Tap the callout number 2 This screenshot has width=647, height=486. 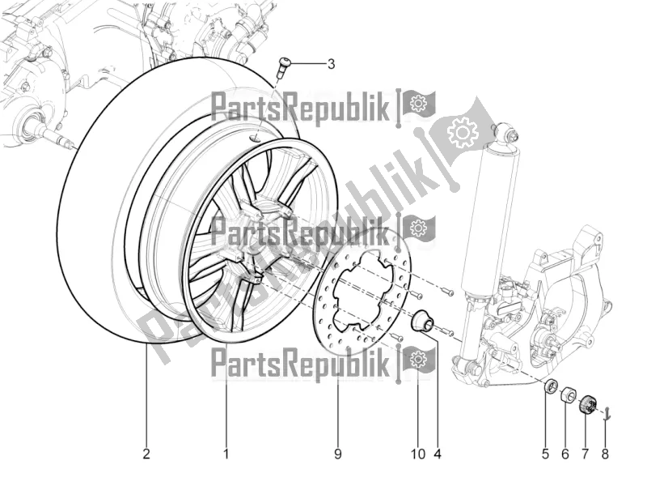click(146, 454)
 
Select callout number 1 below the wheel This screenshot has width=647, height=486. click(226, 454)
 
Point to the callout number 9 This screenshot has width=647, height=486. click(338, 454)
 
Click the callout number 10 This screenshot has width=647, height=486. click(417, 454)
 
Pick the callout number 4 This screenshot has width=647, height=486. click(437, 454)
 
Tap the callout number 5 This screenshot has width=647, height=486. click(545, 454)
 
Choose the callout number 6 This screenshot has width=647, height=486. click(565, 454)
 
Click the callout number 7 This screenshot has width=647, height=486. click(586, 454)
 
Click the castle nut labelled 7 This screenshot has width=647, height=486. click(588, 403)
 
